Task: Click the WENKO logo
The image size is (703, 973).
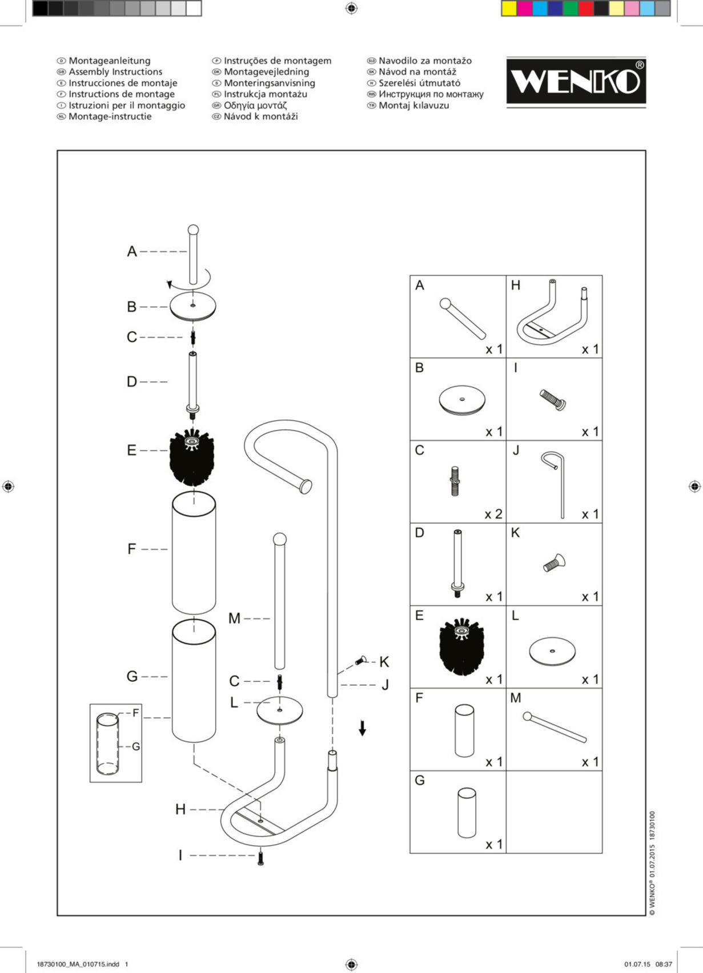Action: [576, 82]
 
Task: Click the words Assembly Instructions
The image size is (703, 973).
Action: [115, 72]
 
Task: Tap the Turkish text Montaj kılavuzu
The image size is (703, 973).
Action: [413, 106]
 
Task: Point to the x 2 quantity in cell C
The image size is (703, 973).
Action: [493, 514]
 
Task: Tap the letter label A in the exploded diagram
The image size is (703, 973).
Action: [132, 252]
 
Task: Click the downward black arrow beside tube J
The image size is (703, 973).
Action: [362, 728]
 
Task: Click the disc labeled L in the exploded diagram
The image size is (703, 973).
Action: [279, 710]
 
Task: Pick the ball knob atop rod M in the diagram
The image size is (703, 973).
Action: [280, 538]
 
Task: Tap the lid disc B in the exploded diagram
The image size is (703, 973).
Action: [193, 306]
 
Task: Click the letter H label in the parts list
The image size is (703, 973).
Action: [516, 286]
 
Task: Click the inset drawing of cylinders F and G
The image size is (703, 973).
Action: [115, 743]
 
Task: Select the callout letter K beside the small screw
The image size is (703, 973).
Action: [384, 662]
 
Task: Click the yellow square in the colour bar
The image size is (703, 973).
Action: [509, 9]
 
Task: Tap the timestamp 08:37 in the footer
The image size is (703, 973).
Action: [664, 964]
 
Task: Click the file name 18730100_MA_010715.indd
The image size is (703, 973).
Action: [78, 964]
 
